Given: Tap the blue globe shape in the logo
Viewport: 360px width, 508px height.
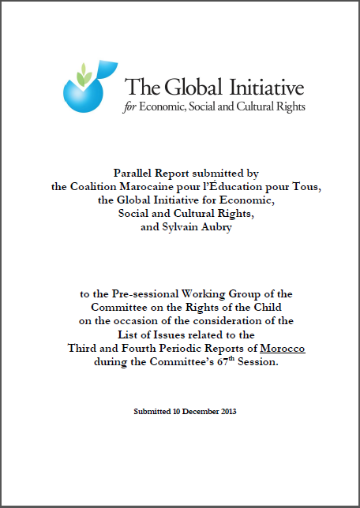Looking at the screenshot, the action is point(84,96).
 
